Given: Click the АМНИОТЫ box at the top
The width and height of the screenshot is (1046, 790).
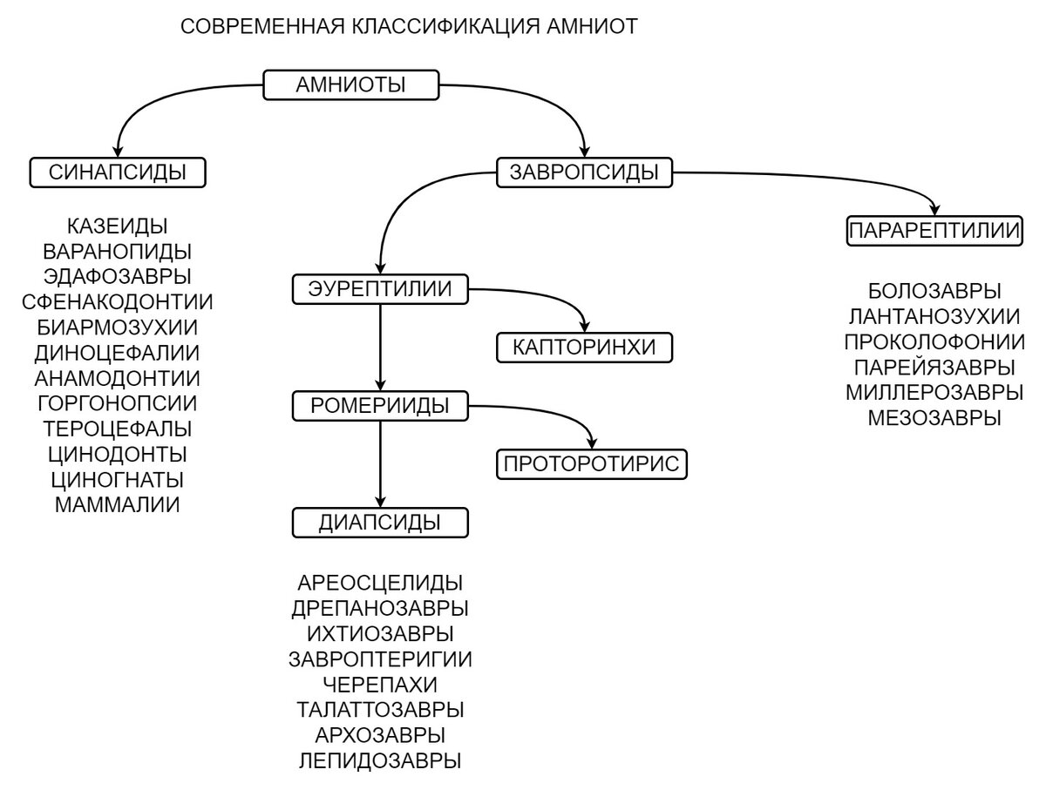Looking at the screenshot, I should (351, 85).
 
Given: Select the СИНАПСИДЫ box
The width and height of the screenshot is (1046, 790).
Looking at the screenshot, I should (118, 172).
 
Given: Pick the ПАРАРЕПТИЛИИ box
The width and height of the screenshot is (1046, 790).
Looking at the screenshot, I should (934, 232).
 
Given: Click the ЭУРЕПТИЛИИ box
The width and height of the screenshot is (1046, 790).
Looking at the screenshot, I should (380, 289).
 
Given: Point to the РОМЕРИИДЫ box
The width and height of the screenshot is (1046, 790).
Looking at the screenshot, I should (380, 405).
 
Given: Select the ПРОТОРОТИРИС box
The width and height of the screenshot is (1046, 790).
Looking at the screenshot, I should (591, 463).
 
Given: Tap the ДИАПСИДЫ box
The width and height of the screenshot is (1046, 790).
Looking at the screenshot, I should (379, 522).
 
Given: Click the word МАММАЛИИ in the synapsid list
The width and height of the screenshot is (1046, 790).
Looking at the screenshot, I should (118, 504).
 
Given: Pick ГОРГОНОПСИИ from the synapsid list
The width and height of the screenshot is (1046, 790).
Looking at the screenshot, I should (118, 403).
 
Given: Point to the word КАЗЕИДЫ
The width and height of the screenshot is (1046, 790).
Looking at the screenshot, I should (118, 226).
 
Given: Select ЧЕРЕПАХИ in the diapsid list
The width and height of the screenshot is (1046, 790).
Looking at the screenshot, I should (380, 684).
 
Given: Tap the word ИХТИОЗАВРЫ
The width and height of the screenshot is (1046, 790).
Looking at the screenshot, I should (380, 633).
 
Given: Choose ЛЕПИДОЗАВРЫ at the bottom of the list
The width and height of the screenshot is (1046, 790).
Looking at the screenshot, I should (380, 760).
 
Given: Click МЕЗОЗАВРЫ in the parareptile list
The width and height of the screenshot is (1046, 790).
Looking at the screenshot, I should (934, 417).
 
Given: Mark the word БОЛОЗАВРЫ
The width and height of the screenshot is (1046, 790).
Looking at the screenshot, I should (934, 291).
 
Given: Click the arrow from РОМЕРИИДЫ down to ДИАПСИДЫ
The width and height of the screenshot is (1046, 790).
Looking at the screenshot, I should (380, 462).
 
